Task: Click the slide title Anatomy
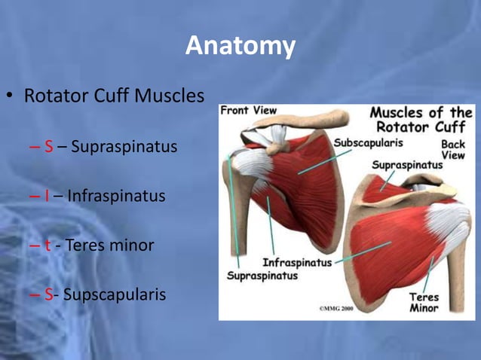[x=240, y=46]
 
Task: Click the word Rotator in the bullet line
[x=55, y=97]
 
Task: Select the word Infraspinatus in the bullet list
[x=115, y=196]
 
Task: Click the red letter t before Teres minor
[x=47, y=245]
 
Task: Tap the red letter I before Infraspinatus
[x=47, y=196]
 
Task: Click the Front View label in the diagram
[x=249, y=111]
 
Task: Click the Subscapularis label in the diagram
[x=368, y=142]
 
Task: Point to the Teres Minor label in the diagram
[x=424, y=302]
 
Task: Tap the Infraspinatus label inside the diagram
[x=297, y=263]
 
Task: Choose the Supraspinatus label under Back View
[x=406, y=163]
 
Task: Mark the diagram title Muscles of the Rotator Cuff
[x=421, y=119]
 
